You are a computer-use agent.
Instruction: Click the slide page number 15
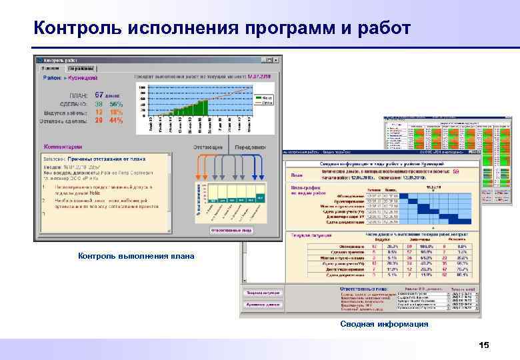pyautogui.click(x=484, y=345)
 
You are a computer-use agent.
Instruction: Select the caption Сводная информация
pyautogui.click(x=383, y=324)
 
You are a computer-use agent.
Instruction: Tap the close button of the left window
pyautogui.click(x=277, y=60)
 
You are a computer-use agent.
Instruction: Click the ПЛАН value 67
pyautogui.click(x=99, y=95)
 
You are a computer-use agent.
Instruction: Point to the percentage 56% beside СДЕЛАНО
pyautogui.click(x=116, y=104)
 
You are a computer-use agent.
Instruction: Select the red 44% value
pyautogui.click(x=116, y=121)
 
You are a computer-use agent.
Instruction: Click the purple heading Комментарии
pyautogui.click(x=63, y=146)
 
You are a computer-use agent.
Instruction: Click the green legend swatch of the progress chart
pyautogui.click(x=257, y=97)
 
